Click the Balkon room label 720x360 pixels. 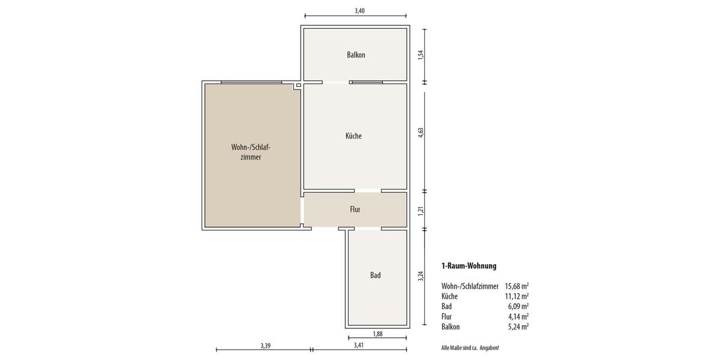pos(356,55)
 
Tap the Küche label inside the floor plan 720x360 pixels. pos(353,136)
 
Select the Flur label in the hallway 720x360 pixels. pos(355,209)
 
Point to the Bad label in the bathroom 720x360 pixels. pos(376,275)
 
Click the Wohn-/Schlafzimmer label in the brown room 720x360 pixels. pos(251,152)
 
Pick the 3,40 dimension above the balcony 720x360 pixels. pos(359,11)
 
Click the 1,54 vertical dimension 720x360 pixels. pos(421,54)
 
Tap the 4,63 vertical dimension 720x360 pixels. pos(421,133)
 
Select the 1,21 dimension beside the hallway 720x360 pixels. pos(421,211)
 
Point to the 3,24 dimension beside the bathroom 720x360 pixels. pos(421,276)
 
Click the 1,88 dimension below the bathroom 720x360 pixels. pos(377,334)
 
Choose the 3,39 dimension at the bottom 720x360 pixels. pos(265,346)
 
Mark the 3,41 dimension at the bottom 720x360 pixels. pos(359,346)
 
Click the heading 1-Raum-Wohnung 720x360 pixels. pos(469,266)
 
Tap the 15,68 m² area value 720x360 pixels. pos(517,286)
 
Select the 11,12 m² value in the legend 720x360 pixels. pos(517,296)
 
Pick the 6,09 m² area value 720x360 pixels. pos(518,307)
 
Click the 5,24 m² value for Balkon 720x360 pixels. pos(518,326)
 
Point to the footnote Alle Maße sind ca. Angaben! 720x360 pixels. pos(470,348)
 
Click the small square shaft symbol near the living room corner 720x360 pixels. pos(299,85)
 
